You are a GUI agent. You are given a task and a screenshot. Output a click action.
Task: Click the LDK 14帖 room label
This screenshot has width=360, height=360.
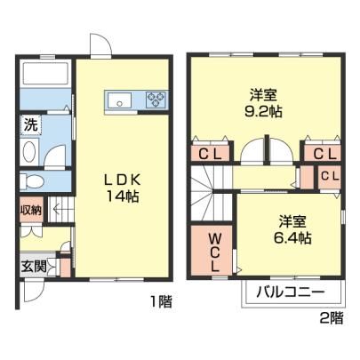click(122, 188)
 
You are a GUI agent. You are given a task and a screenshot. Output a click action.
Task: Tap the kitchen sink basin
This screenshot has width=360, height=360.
click(120, 100)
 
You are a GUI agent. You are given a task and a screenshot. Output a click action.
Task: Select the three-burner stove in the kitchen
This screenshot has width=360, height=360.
click(156, 100)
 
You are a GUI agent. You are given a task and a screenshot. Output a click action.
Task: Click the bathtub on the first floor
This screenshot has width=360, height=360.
click(46, 73)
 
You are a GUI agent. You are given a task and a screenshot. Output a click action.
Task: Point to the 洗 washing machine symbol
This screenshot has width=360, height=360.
click(31, 124)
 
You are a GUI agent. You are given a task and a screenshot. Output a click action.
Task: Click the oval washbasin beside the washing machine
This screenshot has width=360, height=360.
click(29, 152)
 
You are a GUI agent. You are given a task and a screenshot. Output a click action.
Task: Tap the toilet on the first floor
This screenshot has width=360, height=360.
click(31, 181)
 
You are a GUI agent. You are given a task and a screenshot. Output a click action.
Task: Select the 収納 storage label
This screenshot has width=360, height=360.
click(31, 210)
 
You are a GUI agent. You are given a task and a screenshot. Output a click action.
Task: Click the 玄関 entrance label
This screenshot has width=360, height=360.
click(34, 267)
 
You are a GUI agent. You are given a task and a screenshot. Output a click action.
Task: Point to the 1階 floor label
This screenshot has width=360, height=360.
click(161, 301)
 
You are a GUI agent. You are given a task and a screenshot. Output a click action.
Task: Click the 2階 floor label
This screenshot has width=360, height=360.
click(332, 318)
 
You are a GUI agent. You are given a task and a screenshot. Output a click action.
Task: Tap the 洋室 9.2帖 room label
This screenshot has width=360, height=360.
click(263, 103)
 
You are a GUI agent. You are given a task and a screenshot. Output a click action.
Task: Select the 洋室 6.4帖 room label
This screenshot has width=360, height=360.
click(292, 229)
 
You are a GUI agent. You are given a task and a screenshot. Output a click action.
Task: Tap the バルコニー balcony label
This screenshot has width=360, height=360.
click(291, 292)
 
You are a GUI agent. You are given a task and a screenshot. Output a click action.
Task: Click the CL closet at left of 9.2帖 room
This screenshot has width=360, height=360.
click(210, 154)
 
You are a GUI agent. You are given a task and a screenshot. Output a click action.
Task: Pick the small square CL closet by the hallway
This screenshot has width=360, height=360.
click(330, 177)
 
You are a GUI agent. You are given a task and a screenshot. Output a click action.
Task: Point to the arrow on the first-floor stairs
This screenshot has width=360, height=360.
click(60, 209)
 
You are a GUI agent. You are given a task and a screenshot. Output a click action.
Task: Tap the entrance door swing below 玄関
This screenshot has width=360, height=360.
click(34, 291)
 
